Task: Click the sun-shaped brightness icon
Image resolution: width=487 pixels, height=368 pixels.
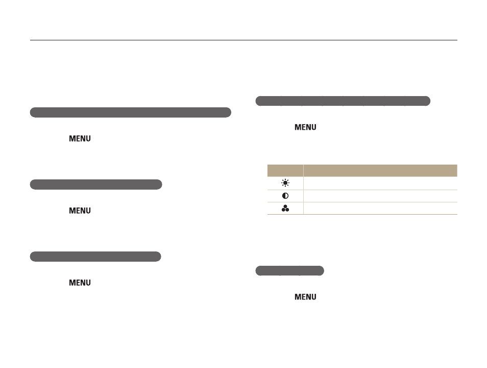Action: click(x=285, y=183)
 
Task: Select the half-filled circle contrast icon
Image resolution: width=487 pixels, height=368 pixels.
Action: click(x=285, y=196)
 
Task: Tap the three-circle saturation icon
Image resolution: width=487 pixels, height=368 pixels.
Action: click(x=285, y=209)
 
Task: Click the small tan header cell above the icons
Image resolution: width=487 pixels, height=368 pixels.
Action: click(x=285, y=171)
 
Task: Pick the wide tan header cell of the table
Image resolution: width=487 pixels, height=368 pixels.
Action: click(x=380, y=171)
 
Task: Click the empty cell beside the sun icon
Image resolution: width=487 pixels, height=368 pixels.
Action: click(x=380, y=183)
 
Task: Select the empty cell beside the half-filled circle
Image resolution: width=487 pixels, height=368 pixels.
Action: click(x=380, y=196)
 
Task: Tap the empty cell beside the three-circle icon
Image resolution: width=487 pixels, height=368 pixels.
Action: click(x=380, y=209)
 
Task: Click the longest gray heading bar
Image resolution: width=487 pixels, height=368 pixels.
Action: click(x=131, y=112)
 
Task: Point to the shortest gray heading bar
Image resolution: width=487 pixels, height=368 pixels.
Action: click(x=290, y=271)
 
